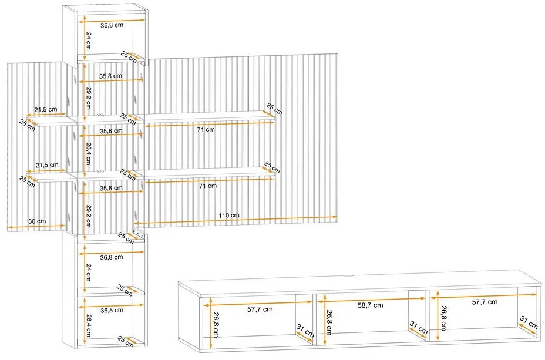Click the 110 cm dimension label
tap(231, 216)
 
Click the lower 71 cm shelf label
tap(208, 186)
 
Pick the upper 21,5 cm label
tap(46, 110)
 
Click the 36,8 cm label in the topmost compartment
tap(111, 25)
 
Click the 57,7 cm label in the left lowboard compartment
tap(260, 309)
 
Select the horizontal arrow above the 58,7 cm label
tap(371, 299)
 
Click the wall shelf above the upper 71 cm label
tap(208, 116)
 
